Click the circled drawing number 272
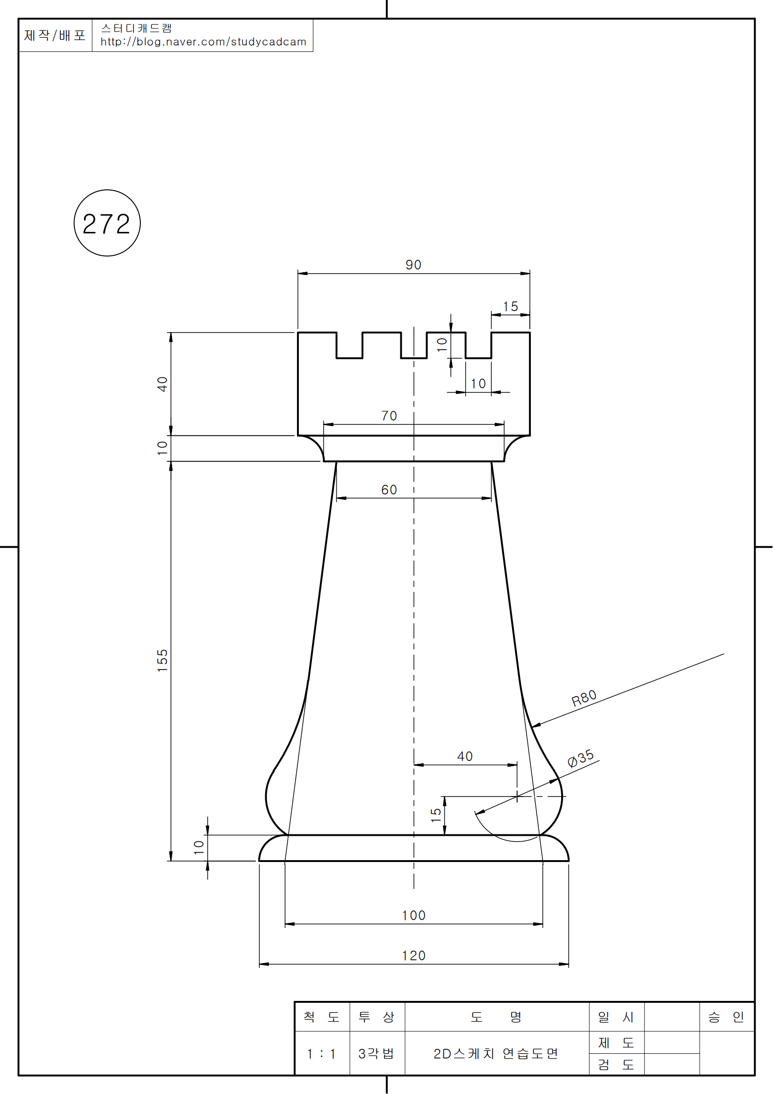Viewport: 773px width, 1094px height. [107, 224]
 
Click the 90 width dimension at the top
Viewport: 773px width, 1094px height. [413, 265]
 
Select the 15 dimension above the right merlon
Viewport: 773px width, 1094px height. [510, 306]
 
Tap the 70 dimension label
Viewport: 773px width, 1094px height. [389, 416]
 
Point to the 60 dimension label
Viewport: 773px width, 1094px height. [389, 490]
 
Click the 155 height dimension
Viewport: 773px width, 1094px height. [162, 660]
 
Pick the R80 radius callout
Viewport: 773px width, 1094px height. [584, 698]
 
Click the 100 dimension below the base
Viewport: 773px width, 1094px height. [413, 916]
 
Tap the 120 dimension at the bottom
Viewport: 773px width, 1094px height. [413, 956]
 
